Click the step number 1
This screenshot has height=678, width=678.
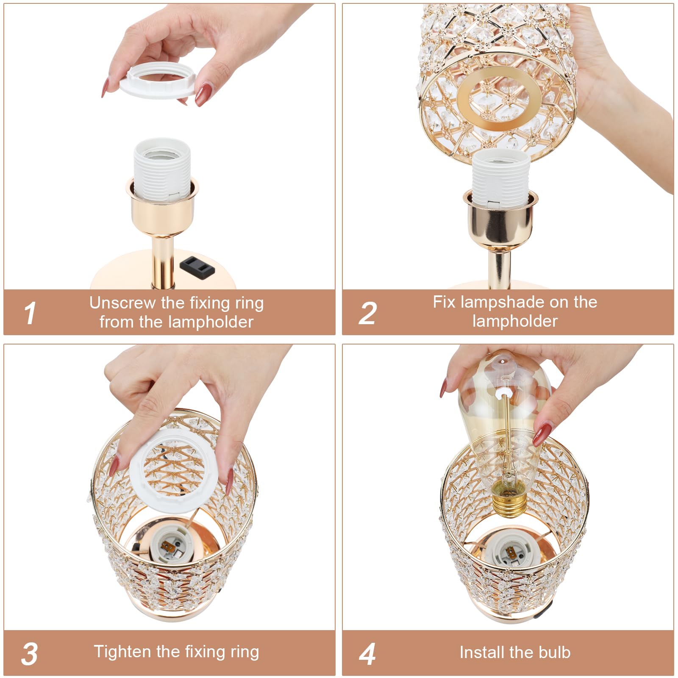click(30, 314)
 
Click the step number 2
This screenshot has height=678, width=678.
click(367, 314)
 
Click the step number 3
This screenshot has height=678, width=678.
click(29, 654)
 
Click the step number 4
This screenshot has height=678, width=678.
click(367, 654)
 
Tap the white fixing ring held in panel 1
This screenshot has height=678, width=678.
click(157, 81)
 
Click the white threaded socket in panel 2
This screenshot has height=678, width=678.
click(501, 178)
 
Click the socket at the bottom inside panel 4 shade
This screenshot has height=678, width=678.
click(512, 552)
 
